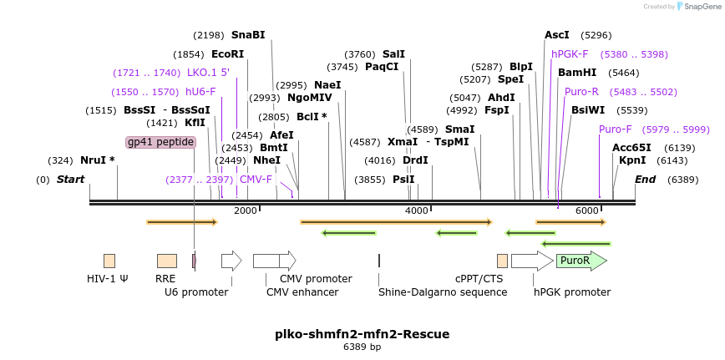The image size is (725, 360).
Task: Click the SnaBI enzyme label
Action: tap(247, 35)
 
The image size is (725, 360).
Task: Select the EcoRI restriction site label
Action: tap(227, 54)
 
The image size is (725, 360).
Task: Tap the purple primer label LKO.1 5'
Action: tap(208, 73)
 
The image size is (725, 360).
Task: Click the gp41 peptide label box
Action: tap(160, 142)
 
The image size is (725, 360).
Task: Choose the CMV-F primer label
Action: tap(256, 180)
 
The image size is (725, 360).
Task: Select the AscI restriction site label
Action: tap(556, 35)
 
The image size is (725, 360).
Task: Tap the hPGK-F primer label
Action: tap(570, 54)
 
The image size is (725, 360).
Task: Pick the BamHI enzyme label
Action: tap(577, 73)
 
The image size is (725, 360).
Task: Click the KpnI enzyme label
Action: tap(632, 160)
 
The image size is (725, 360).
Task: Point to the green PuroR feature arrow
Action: tap(581, 261)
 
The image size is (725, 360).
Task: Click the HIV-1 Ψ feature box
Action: tap(109, 261)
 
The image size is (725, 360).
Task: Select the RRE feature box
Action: tap(166, 261)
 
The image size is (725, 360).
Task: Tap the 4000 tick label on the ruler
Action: tap(416, 210)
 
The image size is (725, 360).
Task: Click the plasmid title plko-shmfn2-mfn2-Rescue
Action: tap(362, 334)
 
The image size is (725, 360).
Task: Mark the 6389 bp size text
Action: tap(362, 347)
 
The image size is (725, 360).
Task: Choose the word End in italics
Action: tap(645, 180)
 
